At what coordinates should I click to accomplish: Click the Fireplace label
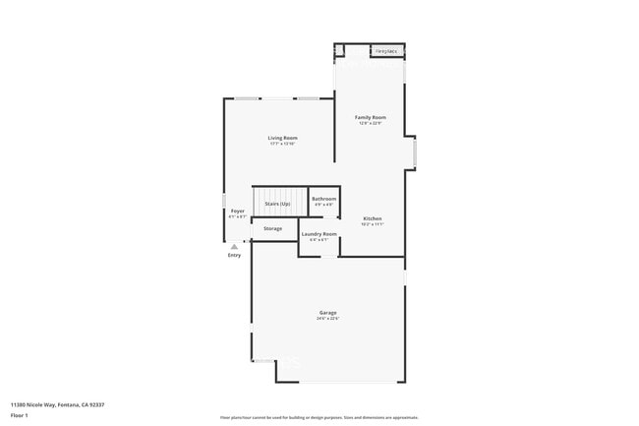click(385, 50)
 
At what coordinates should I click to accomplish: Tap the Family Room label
click(370, 117)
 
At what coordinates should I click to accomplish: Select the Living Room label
click(282, 137)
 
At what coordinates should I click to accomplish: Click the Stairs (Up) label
click(276, 204)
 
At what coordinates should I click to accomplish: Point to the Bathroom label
click(323, 199)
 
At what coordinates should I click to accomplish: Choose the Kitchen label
click(372, 218)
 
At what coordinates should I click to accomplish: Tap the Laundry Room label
click(319, 234)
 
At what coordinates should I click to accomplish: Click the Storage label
click(272, 228)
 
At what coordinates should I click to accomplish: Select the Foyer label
click(237, 211)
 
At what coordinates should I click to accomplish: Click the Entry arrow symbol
click(234, 246)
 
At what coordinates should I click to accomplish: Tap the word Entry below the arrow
click(234, 255)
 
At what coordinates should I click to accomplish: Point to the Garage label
click(326, 313)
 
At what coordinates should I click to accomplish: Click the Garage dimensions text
click(326, 319)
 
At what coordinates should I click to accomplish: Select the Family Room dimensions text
click(370, 123)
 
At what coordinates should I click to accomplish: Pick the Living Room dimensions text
click(282, 144)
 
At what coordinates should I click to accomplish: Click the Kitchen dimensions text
click(372, 224)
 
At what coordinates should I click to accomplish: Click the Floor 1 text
click(19, 414)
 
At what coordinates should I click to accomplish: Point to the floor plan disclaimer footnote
click(319, 416)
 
